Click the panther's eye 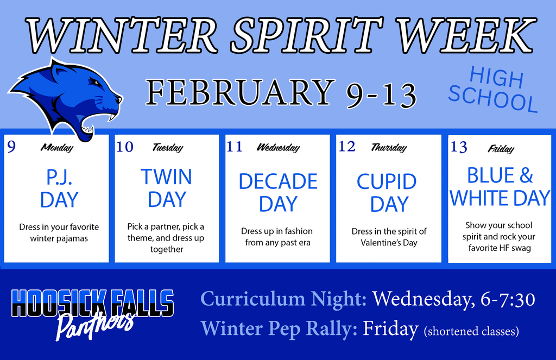pos(95,83)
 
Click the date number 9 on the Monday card pos(11,147)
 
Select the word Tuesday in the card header pos(167,148)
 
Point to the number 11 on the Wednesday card pos(235,147)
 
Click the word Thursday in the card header pos(388,148)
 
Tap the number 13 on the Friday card pos(459,147)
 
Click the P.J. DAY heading pos(59,189)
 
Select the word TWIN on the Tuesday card pos(166,177)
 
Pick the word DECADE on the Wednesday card pos(278,181)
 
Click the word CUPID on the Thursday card pos(387,181)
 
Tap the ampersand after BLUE pos(526,176)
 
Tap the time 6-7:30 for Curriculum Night pos(508,299)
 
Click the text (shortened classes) pos(471,330)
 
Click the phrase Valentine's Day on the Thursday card pos(389,243)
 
